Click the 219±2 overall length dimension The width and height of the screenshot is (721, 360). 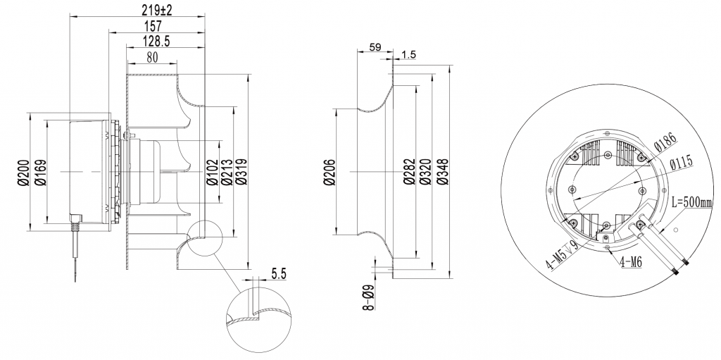click(156, 10)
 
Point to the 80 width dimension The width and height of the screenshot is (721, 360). click(151, 58)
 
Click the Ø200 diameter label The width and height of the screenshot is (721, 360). click(23, 172)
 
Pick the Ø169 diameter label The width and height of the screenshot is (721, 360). click(40, 172)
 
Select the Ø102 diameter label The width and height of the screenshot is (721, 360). click(211, 172)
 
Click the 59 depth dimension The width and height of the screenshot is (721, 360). click(375, 48)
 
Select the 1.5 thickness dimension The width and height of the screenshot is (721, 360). click(408, 55)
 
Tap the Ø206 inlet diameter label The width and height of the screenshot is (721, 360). click(329, 172)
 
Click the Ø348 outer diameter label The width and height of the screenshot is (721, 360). click(441, 172)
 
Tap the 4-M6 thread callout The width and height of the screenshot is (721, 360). click(631, 261)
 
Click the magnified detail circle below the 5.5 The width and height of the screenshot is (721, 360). click(258, 321)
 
